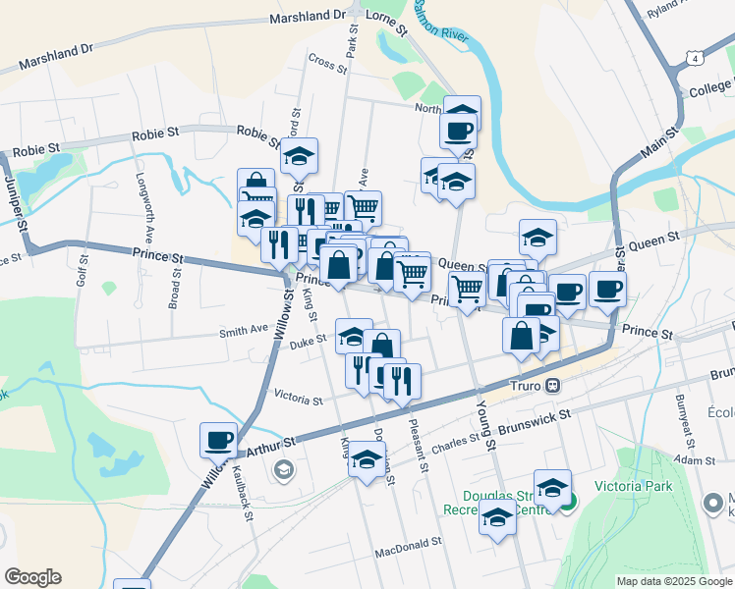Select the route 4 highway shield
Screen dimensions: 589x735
tap(696, 59)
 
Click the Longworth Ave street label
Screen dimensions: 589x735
tap(141, 209)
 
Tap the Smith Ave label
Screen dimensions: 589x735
tap(243, 331)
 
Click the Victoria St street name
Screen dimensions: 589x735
tap(298, 400)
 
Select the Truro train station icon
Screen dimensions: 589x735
tap(553, 386)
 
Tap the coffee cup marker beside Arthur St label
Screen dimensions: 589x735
tap(218, 441)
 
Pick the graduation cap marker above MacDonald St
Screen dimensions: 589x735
tap(497, 517)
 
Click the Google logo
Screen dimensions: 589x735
tap(32, 577)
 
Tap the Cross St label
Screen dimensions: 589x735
tap(327, 61)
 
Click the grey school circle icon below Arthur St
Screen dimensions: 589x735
tap(284, 470)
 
